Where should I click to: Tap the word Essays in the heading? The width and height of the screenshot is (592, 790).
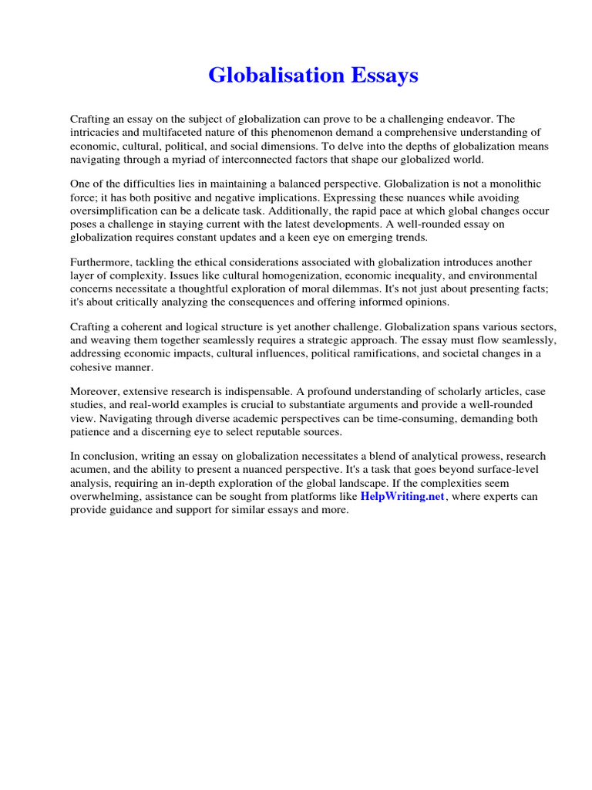click(x=381, y=76)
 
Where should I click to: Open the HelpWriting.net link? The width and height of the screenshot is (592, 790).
click(x=402, y=497)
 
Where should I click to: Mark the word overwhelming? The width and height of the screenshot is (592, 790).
click(x=105, y=497)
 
